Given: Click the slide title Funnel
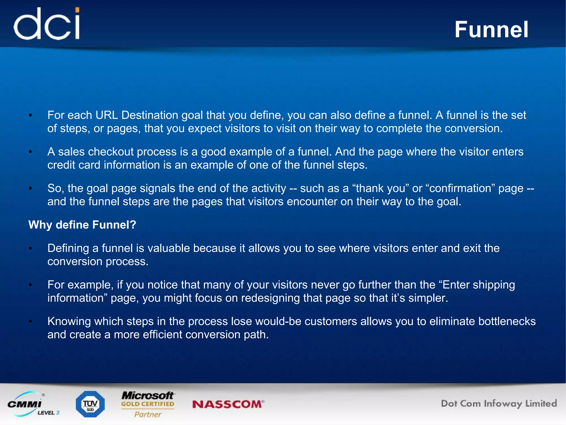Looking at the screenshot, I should click(491, 30).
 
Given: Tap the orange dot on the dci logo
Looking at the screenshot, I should click(77, 11).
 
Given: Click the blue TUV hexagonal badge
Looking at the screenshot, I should click(90, 404).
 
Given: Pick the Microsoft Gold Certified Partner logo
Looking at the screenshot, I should click(148, 404).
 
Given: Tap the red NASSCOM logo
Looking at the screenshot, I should click(228, 404).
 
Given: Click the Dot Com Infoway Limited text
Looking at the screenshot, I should click(499, 403).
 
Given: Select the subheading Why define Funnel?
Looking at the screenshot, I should click(82, 225).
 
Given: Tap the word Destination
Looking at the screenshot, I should click(150, 115).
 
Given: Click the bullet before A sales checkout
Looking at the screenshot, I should click(31, 152).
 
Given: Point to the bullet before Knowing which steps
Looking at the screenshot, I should click(31, 321).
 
